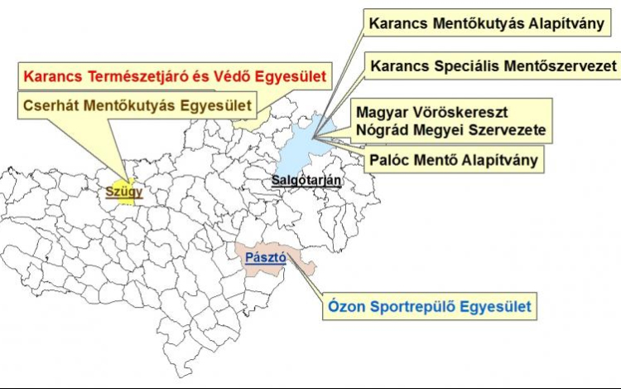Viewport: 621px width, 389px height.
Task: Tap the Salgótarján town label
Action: (x=306, y=181)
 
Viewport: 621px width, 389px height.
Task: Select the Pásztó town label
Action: (x=266, y=258)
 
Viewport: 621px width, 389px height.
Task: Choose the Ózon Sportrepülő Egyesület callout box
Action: (x=428, y=308)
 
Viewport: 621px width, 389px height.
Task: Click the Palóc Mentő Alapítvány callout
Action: (x=454, y=158)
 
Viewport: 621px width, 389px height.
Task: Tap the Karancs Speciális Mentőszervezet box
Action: (x=494, y=64)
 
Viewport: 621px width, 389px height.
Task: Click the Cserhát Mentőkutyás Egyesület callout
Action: (x=137, y=105)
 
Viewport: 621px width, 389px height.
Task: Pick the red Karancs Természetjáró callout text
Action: (x=174, y=77)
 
